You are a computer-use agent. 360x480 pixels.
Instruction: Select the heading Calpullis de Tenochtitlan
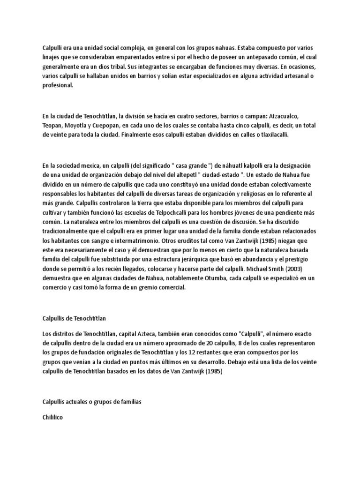pyautogui.click(x=74, y=318)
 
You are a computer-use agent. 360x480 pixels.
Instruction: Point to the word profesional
pyautogui.click(x=58, y=86)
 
